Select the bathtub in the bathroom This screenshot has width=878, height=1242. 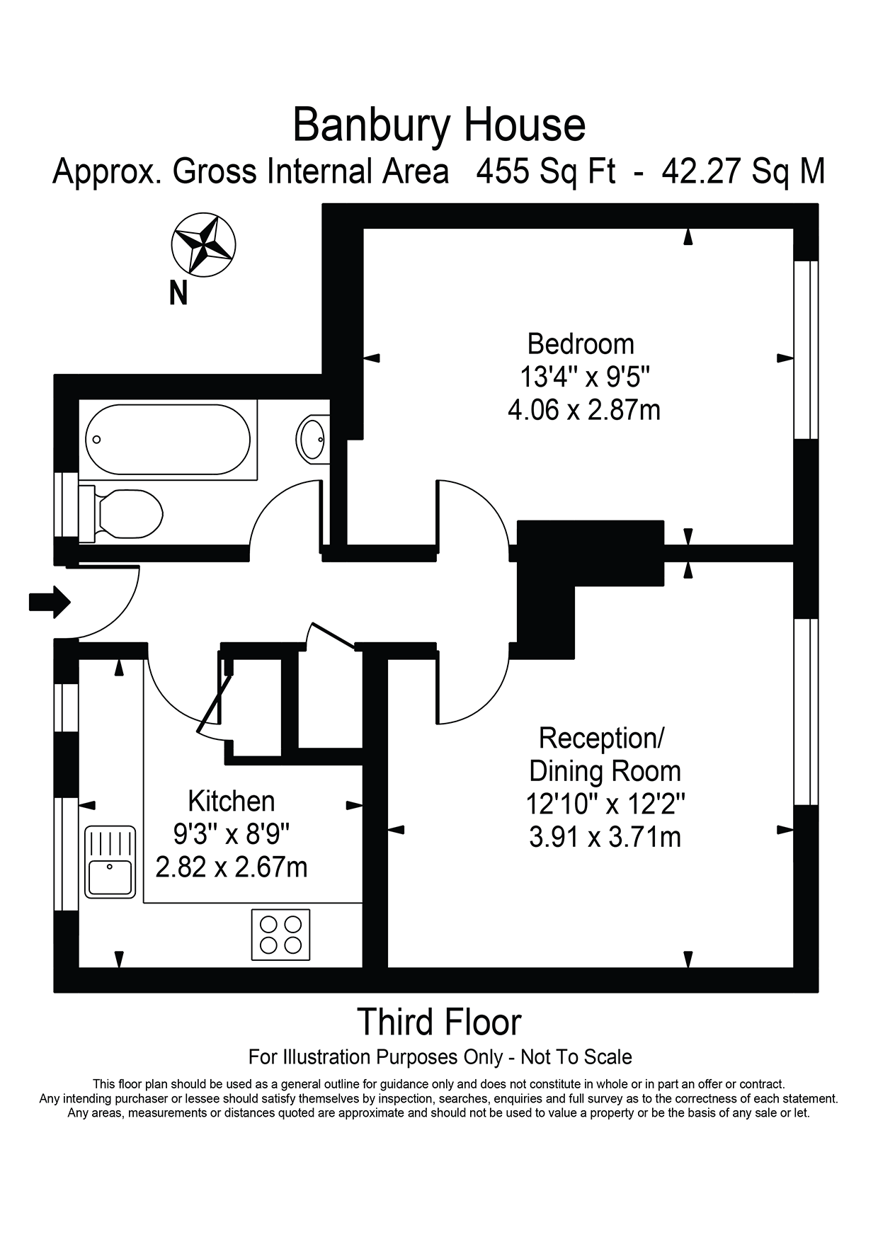pyautogui.click(x=168, y=439)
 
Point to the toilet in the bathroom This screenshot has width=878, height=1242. pyautogui.click(x=124, y=513)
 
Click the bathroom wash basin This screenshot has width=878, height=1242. pyautogui.click(x=312, y=439)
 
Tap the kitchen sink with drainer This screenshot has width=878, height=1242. pyautogui.click(x=110, y=862)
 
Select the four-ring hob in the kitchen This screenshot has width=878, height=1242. pyautogui.click(x=281, y=934)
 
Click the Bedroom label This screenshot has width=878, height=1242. pyautogui.click(x=581, y=344)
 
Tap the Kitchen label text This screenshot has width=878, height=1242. pyautogui.click(x=232, y=801)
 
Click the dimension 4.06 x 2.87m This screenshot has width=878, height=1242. pyautogui.click(x=584, y=409)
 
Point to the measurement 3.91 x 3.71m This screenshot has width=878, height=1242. pyautogui.click(x=605, y=837)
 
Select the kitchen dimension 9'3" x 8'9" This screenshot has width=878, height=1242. pyautogui.click(x=232, y=833)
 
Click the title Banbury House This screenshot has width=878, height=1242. pyautogui.click(x=439, y=125)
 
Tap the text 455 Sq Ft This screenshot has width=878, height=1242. pyautogui.click(x=545, y=171)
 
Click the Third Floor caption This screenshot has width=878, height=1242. pyautogui.click(x=439, y=1021)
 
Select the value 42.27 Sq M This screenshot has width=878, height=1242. pyautogui.click(x=743, y=171)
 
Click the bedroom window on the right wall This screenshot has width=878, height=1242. pyautogui.click(x=806, y=350)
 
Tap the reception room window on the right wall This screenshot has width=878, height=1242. pyautogui.click(x=806, y=712)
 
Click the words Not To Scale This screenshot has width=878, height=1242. pyautogui.click(x=576, y=1057)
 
